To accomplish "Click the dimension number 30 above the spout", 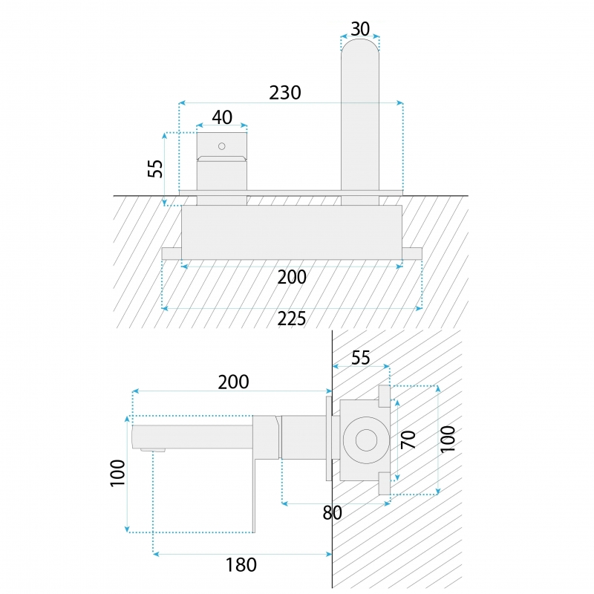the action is click(x=360, y=29).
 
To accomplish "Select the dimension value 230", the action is click(x=285, y=92).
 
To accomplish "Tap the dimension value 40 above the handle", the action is click(x=222, y=117).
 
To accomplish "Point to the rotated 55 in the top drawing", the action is click(x=155, y=169).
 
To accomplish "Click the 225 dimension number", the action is click(x=292, y=319).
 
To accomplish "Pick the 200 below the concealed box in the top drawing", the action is click(x=292, y=277).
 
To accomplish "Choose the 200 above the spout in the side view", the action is click(x=233, y=382).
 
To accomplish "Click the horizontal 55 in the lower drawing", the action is click(x=361, y=358).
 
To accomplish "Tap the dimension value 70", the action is click(x=408, y=440).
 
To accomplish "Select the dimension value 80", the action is click(x=332, y=513).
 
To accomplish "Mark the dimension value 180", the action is click(x=241, y=565).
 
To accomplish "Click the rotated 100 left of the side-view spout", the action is click(x=117, y=473).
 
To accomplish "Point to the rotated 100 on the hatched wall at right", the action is click(x=448, y=439).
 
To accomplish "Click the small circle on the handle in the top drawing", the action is click(x=222, y=146).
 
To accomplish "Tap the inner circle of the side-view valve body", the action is click(x=366, y=440).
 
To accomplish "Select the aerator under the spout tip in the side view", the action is click(x=153, y=450).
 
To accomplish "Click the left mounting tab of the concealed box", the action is click(x=172, y=253).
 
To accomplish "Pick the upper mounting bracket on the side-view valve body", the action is click(x=385, y=396).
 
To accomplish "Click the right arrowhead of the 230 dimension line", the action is click(x=400, y=102).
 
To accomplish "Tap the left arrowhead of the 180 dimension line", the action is click(x=156, y=554).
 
